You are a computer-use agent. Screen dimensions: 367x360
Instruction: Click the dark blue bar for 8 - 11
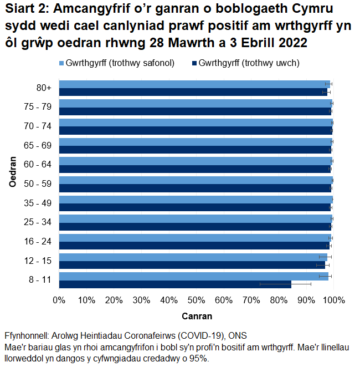[175, 284]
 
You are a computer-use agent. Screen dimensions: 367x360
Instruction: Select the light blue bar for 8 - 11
[194, 276]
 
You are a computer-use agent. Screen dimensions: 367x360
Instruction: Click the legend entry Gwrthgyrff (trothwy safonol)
[120, 63]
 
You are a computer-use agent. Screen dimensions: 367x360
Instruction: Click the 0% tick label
[59, 300]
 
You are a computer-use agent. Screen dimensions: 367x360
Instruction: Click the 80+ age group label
[44, 88]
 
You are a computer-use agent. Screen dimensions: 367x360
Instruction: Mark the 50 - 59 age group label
[39, 183]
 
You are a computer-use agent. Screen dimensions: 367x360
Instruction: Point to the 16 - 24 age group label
[39, 241]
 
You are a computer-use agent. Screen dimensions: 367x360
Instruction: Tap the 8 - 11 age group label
[41, 280]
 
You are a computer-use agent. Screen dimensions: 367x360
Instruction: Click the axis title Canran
[197, 317]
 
